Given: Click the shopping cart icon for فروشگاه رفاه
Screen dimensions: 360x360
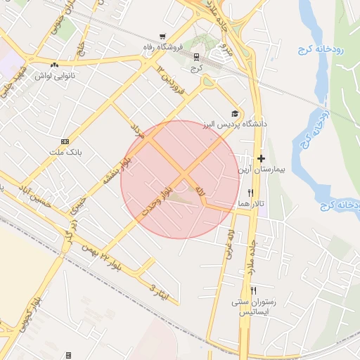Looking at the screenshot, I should tap(163, 37).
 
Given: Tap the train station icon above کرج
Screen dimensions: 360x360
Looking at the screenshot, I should tap(195, 58).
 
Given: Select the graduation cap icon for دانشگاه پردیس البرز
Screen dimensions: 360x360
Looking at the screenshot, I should tap(235, 114).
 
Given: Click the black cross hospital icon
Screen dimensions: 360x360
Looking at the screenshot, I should tap(261, 158).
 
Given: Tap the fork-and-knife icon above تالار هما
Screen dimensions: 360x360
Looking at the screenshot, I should tap(251, 193).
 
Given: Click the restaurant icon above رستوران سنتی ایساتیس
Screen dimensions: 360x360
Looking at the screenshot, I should tap(254, 290).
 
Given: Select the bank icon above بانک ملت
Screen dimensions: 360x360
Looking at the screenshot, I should tap(65, 141).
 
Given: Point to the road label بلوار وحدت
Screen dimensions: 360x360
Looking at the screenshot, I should tap(156, 200).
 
